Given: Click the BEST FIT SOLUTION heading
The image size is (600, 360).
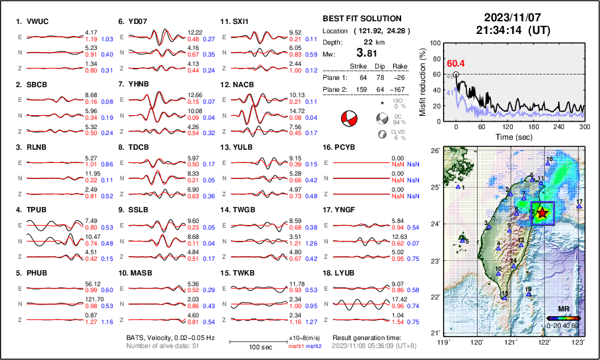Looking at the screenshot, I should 361,19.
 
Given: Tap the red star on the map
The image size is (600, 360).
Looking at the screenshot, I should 543,213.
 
